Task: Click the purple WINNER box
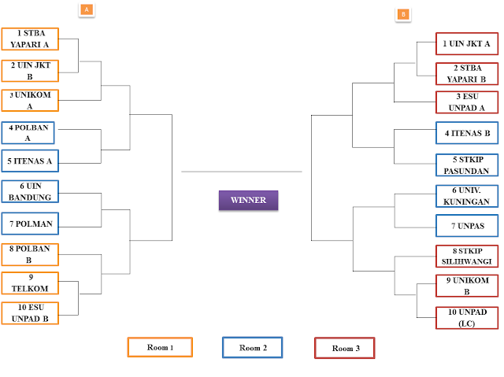tap(249, 200)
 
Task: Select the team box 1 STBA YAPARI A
tap(30, 39)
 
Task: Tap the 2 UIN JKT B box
tap(30, 71)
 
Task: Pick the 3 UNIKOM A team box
tap(30, 100)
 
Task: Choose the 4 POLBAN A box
tap(28, 133)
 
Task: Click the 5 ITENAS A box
tap(30, 161)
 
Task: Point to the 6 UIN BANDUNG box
tap(30, 191)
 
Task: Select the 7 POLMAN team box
tap(30, 224)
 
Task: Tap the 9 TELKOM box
tap(30, 283)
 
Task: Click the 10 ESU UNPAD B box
tap(30, 313)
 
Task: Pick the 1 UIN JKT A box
tap(467, 43)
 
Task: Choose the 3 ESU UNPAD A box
tap(467, 102)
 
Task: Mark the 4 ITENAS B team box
tap(467, 133)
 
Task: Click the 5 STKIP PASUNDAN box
tap(467, 165)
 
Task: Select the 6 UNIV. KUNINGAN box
tap(467, 196)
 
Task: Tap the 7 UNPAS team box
tap(467, 226)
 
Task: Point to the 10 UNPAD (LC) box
tap(467, 318)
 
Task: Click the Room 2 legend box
tap(252, 347)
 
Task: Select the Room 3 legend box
tap(345, 348)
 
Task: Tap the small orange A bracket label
tap(87, 10)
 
